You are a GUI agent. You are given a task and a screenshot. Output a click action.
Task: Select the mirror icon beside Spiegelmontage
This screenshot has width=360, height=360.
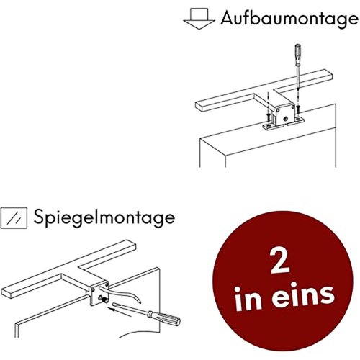coord(14,215)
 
